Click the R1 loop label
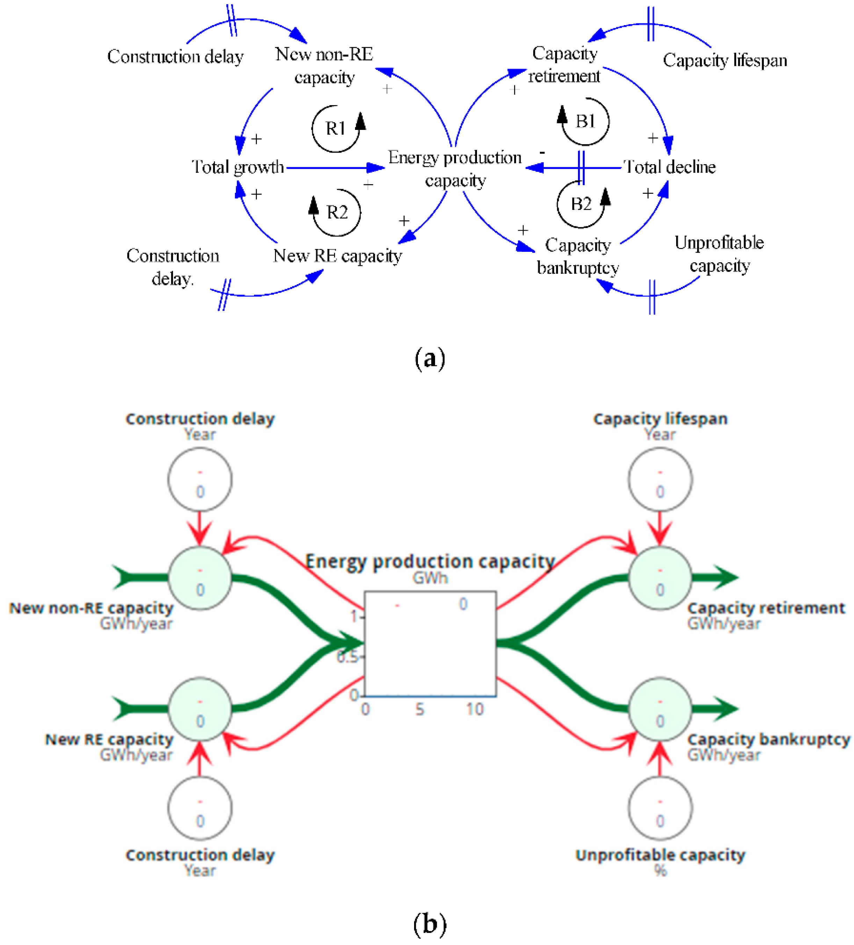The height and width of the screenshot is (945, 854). coord(335,128)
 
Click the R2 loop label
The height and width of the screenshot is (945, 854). coord(337,212)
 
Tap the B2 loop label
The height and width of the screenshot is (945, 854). coord(581,204)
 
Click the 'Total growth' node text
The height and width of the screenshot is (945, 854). coord(238,167)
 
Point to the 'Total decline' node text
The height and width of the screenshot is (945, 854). coord(670,167)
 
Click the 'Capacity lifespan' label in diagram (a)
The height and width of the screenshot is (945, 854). coord(725,60)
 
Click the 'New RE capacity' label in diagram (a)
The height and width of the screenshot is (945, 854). coord(338,256)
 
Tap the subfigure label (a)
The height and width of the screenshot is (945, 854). coord(429,359)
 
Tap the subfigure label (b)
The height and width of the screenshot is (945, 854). coord(429,924)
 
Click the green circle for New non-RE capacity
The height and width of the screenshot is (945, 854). coord(200,578)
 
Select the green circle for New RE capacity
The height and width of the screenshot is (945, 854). coord(200,709)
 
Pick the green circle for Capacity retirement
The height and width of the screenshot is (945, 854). coord(660,578)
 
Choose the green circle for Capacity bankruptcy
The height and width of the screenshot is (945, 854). coord(660,709)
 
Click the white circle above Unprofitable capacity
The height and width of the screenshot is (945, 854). coord(660,808)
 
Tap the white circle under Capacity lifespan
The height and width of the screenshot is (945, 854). coord(660,479)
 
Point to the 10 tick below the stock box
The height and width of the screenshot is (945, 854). coord(475,710)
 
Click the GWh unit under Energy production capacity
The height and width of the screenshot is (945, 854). coord(430,578)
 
